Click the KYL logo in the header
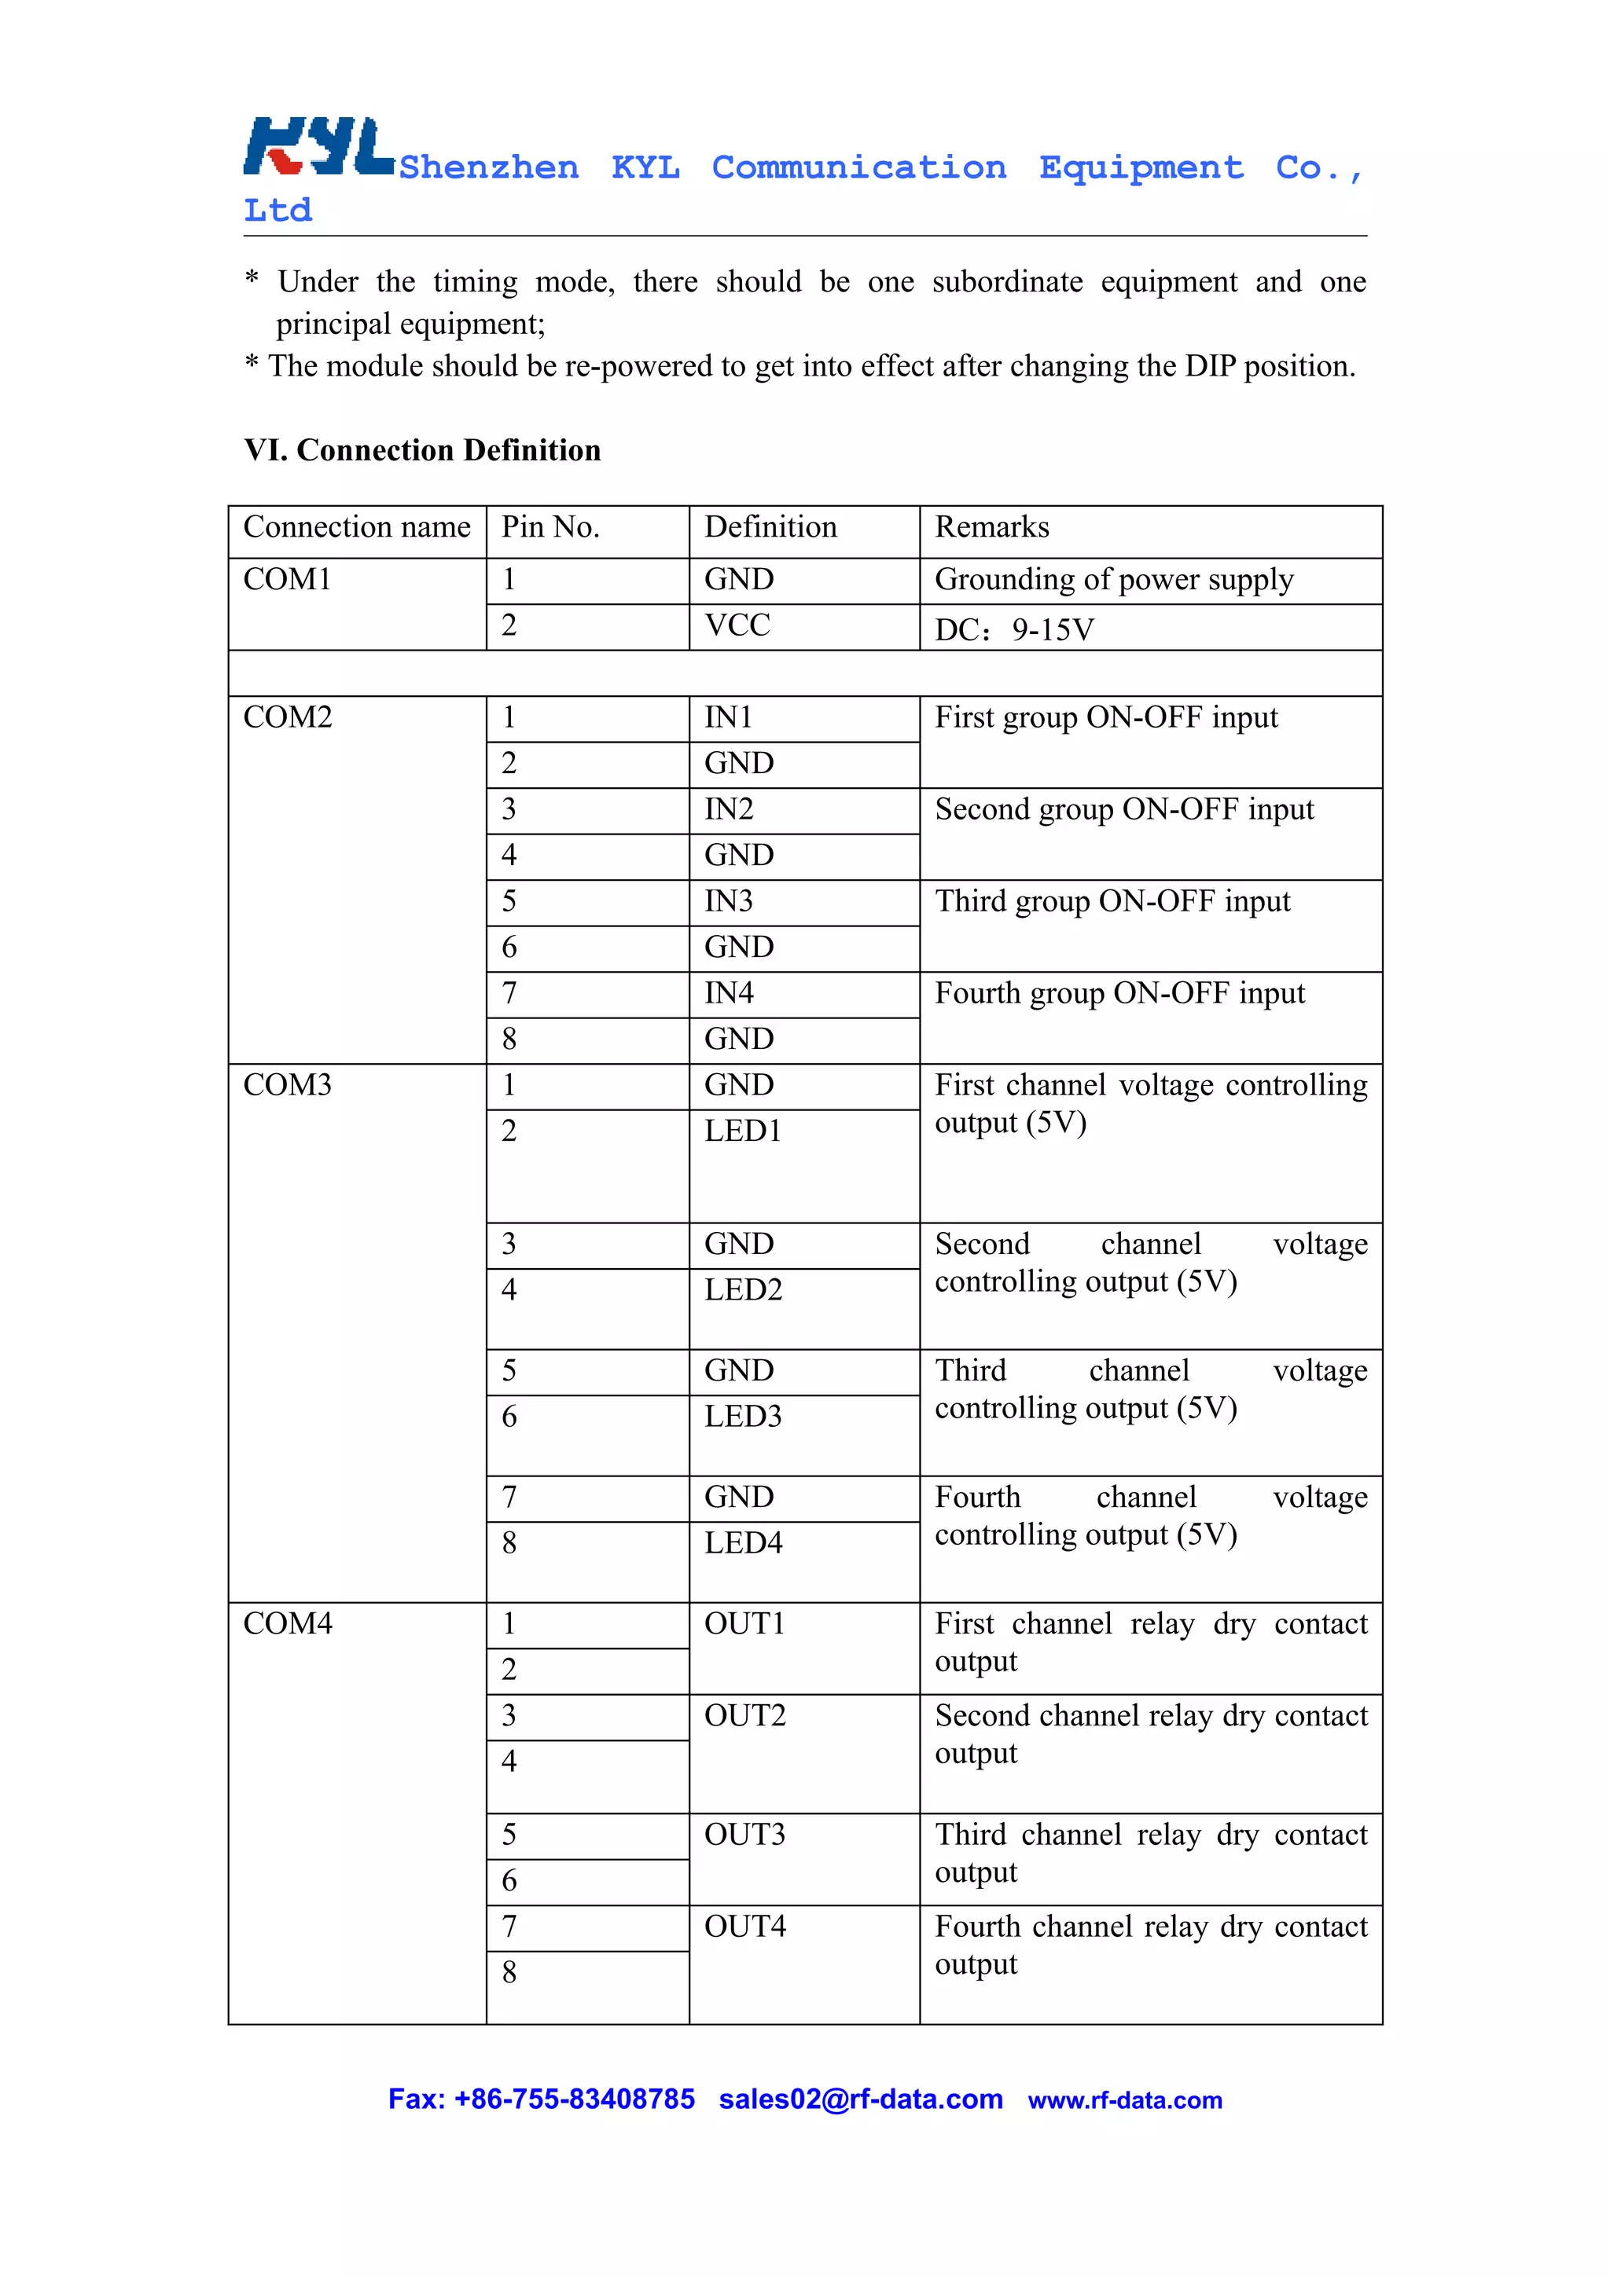(318, 147)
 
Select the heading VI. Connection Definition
(423, 450)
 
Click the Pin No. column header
(550, 527)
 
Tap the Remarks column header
(991, 527)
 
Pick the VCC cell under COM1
(737, 625)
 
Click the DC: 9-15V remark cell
(1014, 629)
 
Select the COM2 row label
(288, 717)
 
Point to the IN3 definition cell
(728, 901)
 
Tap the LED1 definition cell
(743, 1131)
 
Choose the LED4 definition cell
(743, 1543)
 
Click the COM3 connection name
(288, 1085)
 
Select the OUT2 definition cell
(745, 1716)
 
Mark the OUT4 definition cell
(745, 1927)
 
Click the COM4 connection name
(288, 1623)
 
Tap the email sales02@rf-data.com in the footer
(860, 2099)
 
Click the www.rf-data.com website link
(1124, 2100)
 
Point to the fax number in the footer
(542, 2099)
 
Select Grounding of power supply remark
(1113, 580)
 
